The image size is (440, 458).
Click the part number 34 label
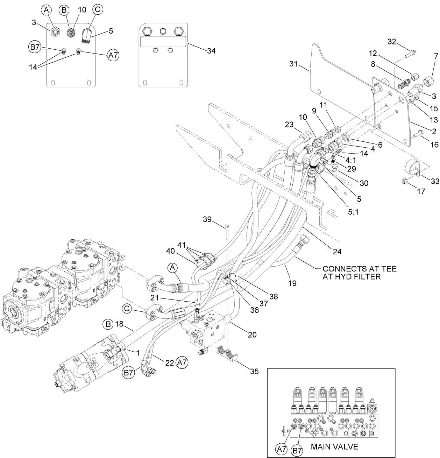tap(211, 51)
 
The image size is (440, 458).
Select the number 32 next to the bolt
tap(392, 42)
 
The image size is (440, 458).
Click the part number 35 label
tap(254, 371)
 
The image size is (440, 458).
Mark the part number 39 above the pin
tap(207, 219)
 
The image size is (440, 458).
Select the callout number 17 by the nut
tap(421, 191)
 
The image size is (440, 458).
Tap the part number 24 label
tap(337, 251)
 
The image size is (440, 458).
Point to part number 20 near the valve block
tap(252, 334)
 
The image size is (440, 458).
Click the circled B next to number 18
tap(108, 324)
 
